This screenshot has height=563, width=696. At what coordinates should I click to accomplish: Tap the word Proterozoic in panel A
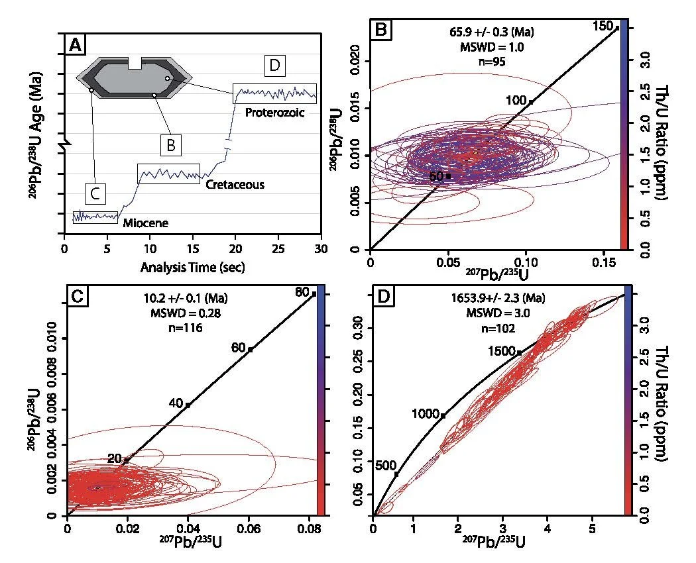click(274, 112)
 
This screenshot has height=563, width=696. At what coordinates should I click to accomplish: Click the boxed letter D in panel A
click(273, 66)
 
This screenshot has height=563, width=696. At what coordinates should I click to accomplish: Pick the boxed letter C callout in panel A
click(95, 194)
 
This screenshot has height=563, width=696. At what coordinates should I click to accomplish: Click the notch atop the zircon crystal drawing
click(135, 63)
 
